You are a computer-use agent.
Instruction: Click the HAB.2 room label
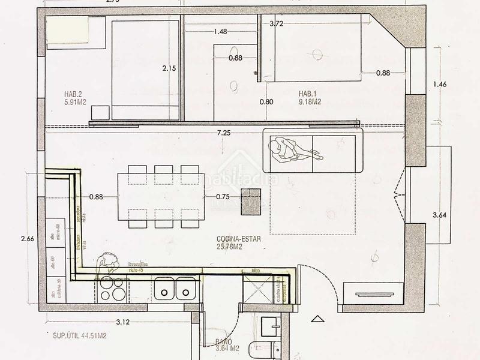[75, 98]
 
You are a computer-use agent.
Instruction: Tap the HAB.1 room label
[310, 98]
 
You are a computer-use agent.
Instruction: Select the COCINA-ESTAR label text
[238, 242]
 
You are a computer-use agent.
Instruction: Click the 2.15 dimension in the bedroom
[169, 69]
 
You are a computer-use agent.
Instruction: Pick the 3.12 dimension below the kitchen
[122, 322]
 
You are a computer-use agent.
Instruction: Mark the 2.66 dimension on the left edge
[27, 239]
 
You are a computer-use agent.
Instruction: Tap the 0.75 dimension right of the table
[223, 196]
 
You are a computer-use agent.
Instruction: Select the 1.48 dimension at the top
[219, 32]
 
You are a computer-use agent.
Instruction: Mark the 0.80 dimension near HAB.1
[266, 102]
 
